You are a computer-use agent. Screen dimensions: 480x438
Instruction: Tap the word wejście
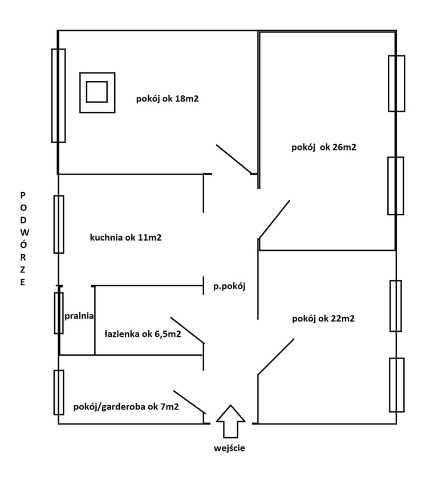(229, 448)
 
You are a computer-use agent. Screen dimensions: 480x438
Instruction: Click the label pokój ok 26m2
(323, 147)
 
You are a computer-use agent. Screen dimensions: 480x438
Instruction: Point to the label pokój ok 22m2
(322, 318)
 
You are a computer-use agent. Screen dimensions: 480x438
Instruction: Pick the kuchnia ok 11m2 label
(125, 238)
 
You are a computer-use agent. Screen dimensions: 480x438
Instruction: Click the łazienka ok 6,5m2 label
(143, 334)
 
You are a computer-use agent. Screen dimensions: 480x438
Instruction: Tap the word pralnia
(79, 315)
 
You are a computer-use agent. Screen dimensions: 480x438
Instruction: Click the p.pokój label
(229, 286)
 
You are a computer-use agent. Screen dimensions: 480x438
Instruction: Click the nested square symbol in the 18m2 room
(97, 91)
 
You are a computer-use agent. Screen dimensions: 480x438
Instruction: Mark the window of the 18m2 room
(58, 95)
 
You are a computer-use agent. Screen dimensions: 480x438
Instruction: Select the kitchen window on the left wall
(58, 224)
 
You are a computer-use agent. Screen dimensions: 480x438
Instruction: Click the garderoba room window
(58, 392)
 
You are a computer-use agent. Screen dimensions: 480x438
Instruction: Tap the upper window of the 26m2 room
(396, 83)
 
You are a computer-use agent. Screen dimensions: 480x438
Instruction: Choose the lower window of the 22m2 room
(396, 385)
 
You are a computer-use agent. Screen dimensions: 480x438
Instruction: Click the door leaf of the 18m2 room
(234, 160)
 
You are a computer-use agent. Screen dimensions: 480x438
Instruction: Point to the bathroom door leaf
(187, 331)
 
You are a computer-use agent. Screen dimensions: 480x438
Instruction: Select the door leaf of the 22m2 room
(276, 357)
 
